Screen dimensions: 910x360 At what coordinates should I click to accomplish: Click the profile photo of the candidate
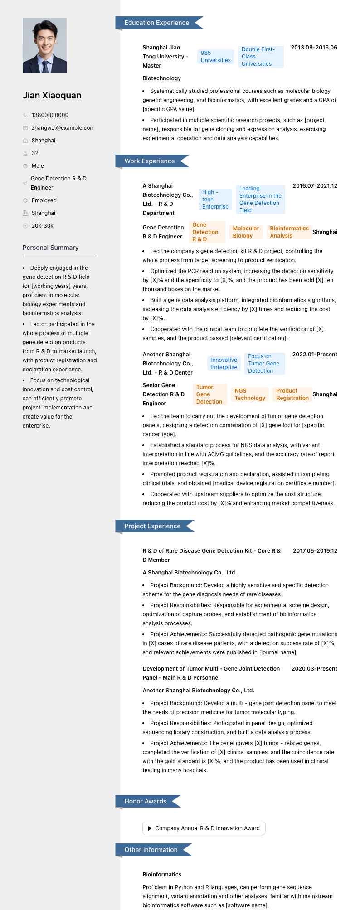tap(44, 45)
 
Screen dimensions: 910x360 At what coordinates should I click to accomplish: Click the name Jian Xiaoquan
tap(52, 95)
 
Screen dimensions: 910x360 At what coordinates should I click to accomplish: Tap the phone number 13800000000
tap(50, 115)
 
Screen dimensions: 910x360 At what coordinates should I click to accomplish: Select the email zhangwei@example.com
tap(63, 128)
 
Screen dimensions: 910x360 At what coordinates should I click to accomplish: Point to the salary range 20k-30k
tap(42, 226)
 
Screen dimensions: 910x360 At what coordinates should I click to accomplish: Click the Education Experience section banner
tap(157, 23)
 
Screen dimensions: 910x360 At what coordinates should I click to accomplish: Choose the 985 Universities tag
tap(215, 57)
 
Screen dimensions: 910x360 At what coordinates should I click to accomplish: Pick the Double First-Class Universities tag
tap(261, 57)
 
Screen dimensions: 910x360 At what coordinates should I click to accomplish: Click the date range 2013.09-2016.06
tap(314, 48)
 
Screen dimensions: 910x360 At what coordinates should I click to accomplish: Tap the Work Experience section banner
tap(150, 161)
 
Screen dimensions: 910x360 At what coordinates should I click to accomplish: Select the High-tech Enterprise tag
tap(215, 200)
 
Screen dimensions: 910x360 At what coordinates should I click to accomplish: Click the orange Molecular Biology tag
tap(246, 232)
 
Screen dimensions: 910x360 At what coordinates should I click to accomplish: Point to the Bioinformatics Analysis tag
tap(289, 232)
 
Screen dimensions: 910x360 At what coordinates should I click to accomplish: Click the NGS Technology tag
tap(250, 394)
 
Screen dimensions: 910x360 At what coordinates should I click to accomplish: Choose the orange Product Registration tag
tap(292, 394)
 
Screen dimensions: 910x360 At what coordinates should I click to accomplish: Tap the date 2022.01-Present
tap(315, 355)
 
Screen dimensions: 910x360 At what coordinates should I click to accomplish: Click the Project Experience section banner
tap(152, 526)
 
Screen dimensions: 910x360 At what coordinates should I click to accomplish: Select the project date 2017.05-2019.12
tap(315, 551)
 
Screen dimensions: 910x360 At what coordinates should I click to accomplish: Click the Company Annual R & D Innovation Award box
tap(204, 828)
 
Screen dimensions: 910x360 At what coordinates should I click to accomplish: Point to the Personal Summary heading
tap(50, 248)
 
